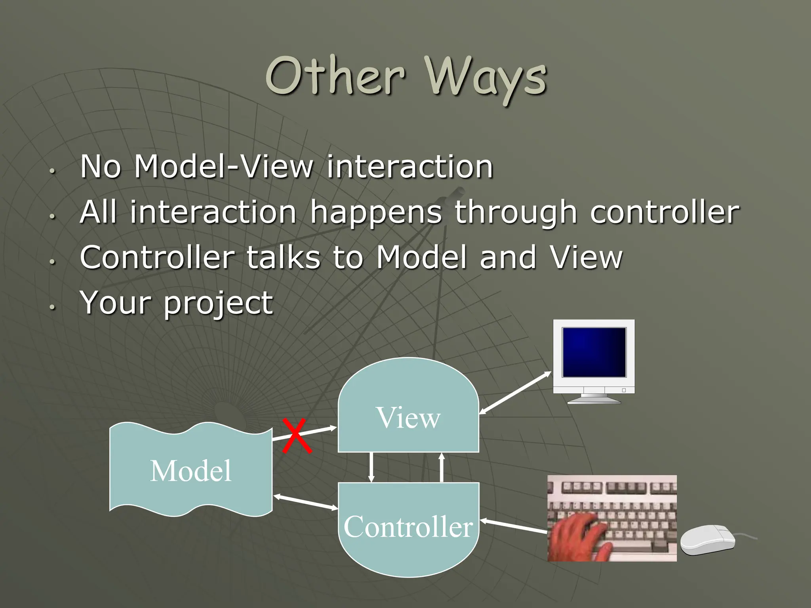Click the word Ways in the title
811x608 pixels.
486,77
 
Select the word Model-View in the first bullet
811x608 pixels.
224,167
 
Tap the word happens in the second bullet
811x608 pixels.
376,213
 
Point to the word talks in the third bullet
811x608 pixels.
283,258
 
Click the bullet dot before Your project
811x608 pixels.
52,307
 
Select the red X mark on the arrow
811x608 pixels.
297,436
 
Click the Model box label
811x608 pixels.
190,471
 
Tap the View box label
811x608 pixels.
408,418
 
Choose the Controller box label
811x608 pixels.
408,527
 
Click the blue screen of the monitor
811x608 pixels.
594,352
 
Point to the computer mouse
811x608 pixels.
707,540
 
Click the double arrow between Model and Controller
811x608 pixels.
305,502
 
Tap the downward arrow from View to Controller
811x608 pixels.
371,467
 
